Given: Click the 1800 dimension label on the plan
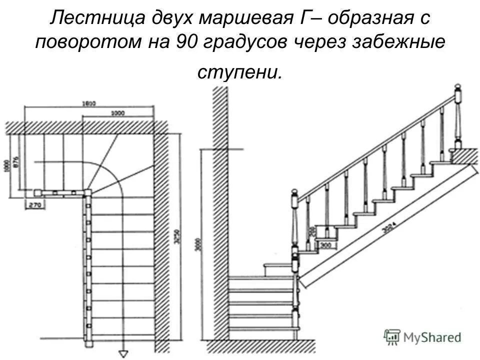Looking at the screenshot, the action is [89, 103].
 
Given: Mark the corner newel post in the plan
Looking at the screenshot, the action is [88, 191].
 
